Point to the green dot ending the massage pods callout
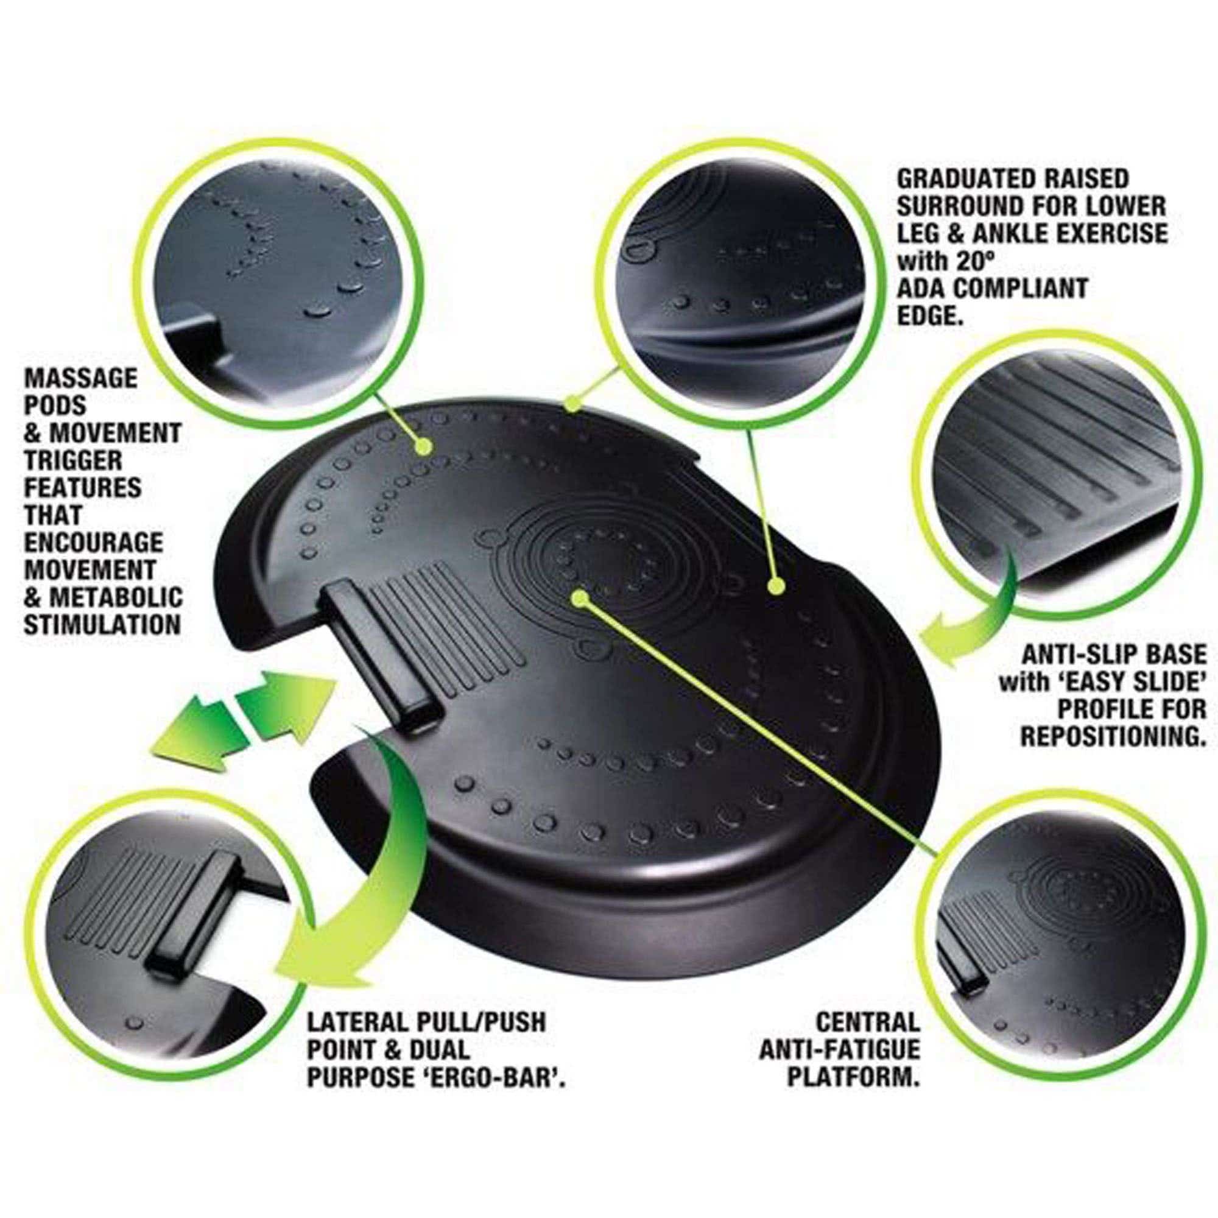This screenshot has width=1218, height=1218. click(425, 447)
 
